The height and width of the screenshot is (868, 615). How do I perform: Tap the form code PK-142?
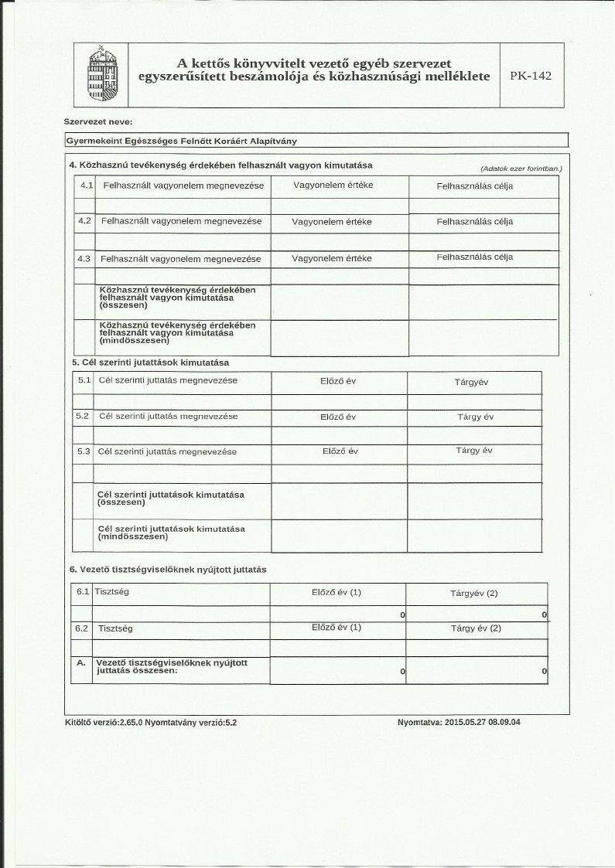tap(531, 76)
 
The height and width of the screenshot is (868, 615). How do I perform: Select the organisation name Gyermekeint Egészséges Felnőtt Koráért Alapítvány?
tap(182, 141)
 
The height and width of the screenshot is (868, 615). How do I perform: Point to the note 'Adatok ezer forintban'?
tap(521, 168)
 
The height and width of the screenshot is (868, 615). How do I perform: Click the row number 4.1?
tap(86, 186)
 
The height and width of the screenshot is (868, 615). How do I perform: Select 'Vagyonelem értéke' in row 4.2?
tap(332, 222)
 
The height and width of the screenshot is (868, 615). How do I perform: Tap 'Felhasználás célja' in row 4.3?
tap(474, 257)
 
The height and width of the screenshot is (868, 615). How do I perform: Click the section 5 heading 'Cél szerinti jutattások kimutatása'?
tap(150, 362)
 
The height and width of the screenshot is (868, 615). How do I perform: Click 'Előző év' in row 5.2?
tap(337, 417)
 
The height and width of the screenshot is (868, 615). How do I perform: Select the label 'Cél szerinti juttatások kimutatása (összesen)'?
tap(171, 498)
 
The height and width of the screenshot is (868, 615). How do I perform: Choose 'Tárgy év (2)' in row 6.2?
tap(476, 628)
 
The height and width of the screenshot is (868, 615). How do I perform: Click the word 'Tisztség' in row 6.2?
tap(115, 628)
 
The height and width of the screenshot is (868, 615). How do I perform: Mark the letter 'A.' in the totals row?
tap(81, 663)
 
